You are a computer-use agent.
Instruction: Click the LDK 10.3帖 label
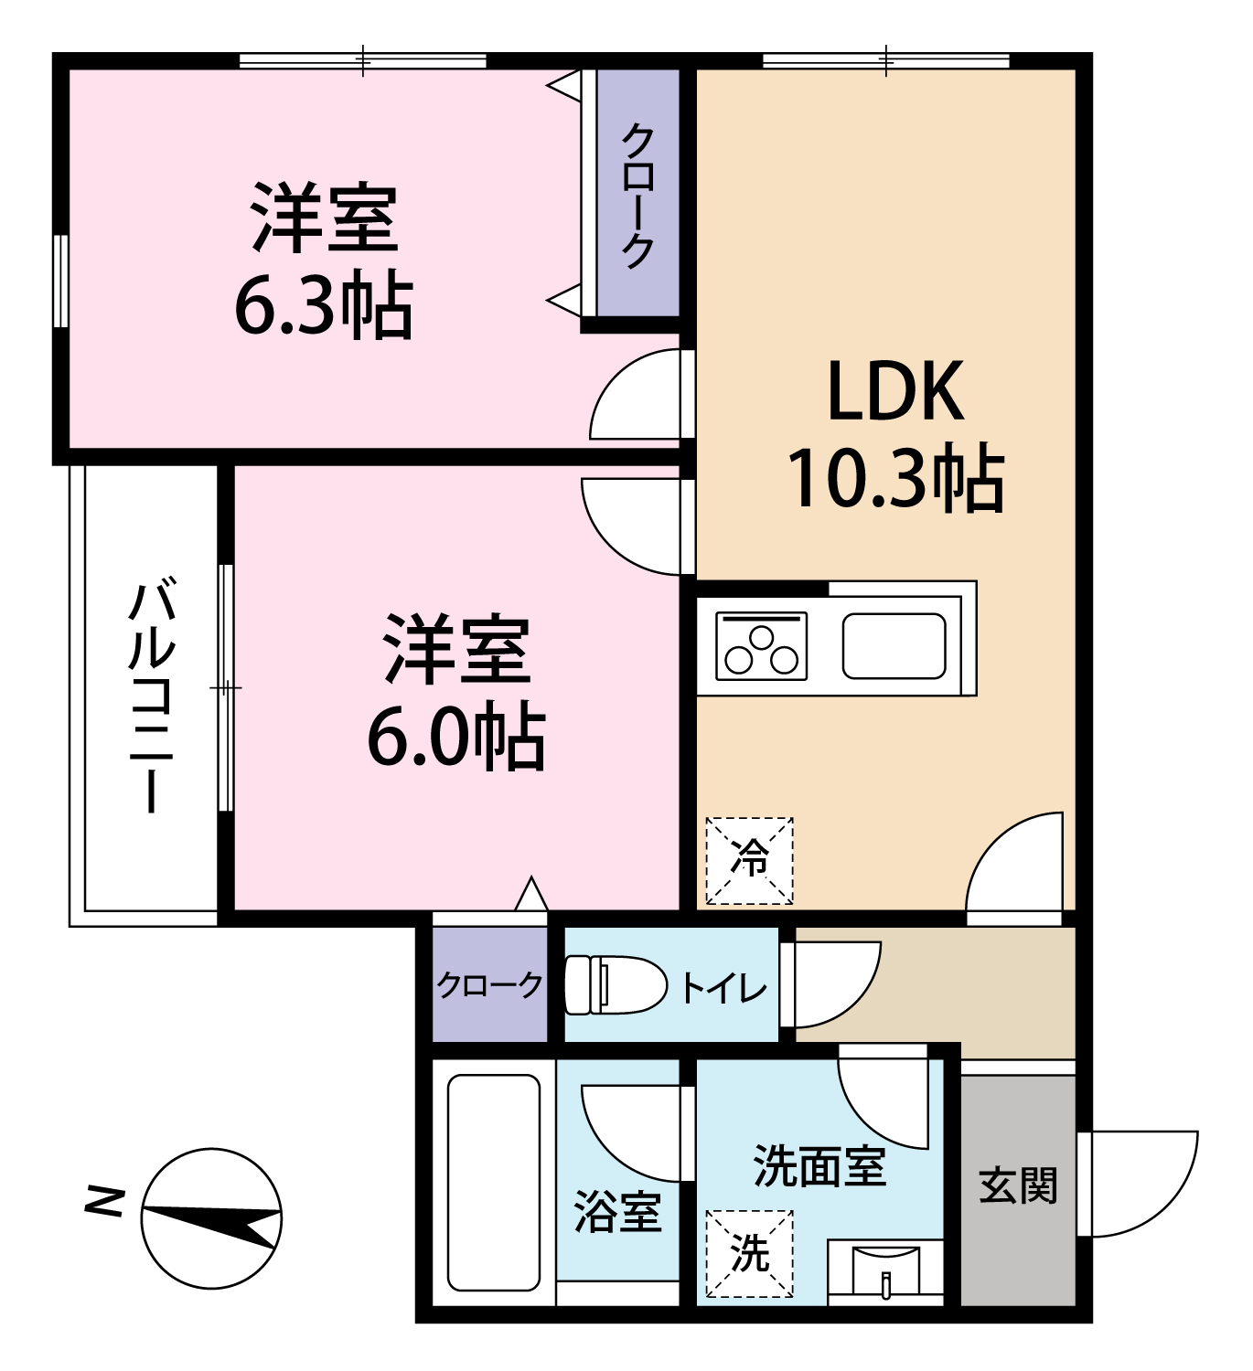click(896, 435)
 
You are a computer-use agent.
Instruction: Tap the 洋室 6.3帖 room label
click(324, 260)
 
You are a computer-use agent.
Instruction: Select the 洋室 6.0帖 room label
click(456, 692)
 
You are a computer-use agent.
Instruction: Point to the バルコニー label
click(151, 697)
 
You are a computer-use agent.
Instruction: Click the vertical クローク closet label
click(637, 195)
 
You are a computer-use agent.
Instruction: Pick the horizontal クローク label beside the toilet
click(489, 985)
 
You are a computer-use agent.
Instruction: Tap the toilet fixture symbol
click(615, 984)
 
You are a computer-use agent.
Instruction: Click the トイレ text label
click(723, 987)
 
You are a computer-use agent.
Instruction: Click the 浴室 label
click(617, 1212)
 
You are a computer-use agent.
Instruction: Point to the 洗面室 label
click(820, 1165)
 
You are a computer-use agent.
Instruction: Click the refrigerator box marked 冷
click(750, 861)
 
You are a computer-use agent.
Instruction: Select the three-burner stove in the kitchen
click(761, 646)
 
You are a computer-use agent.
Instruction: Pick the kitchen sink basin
click(894, 646)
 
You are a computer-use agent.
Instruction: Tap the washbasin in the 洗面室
click(885, 1271)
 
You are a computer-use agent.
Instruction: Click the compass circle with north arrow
click(211, 1218)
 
